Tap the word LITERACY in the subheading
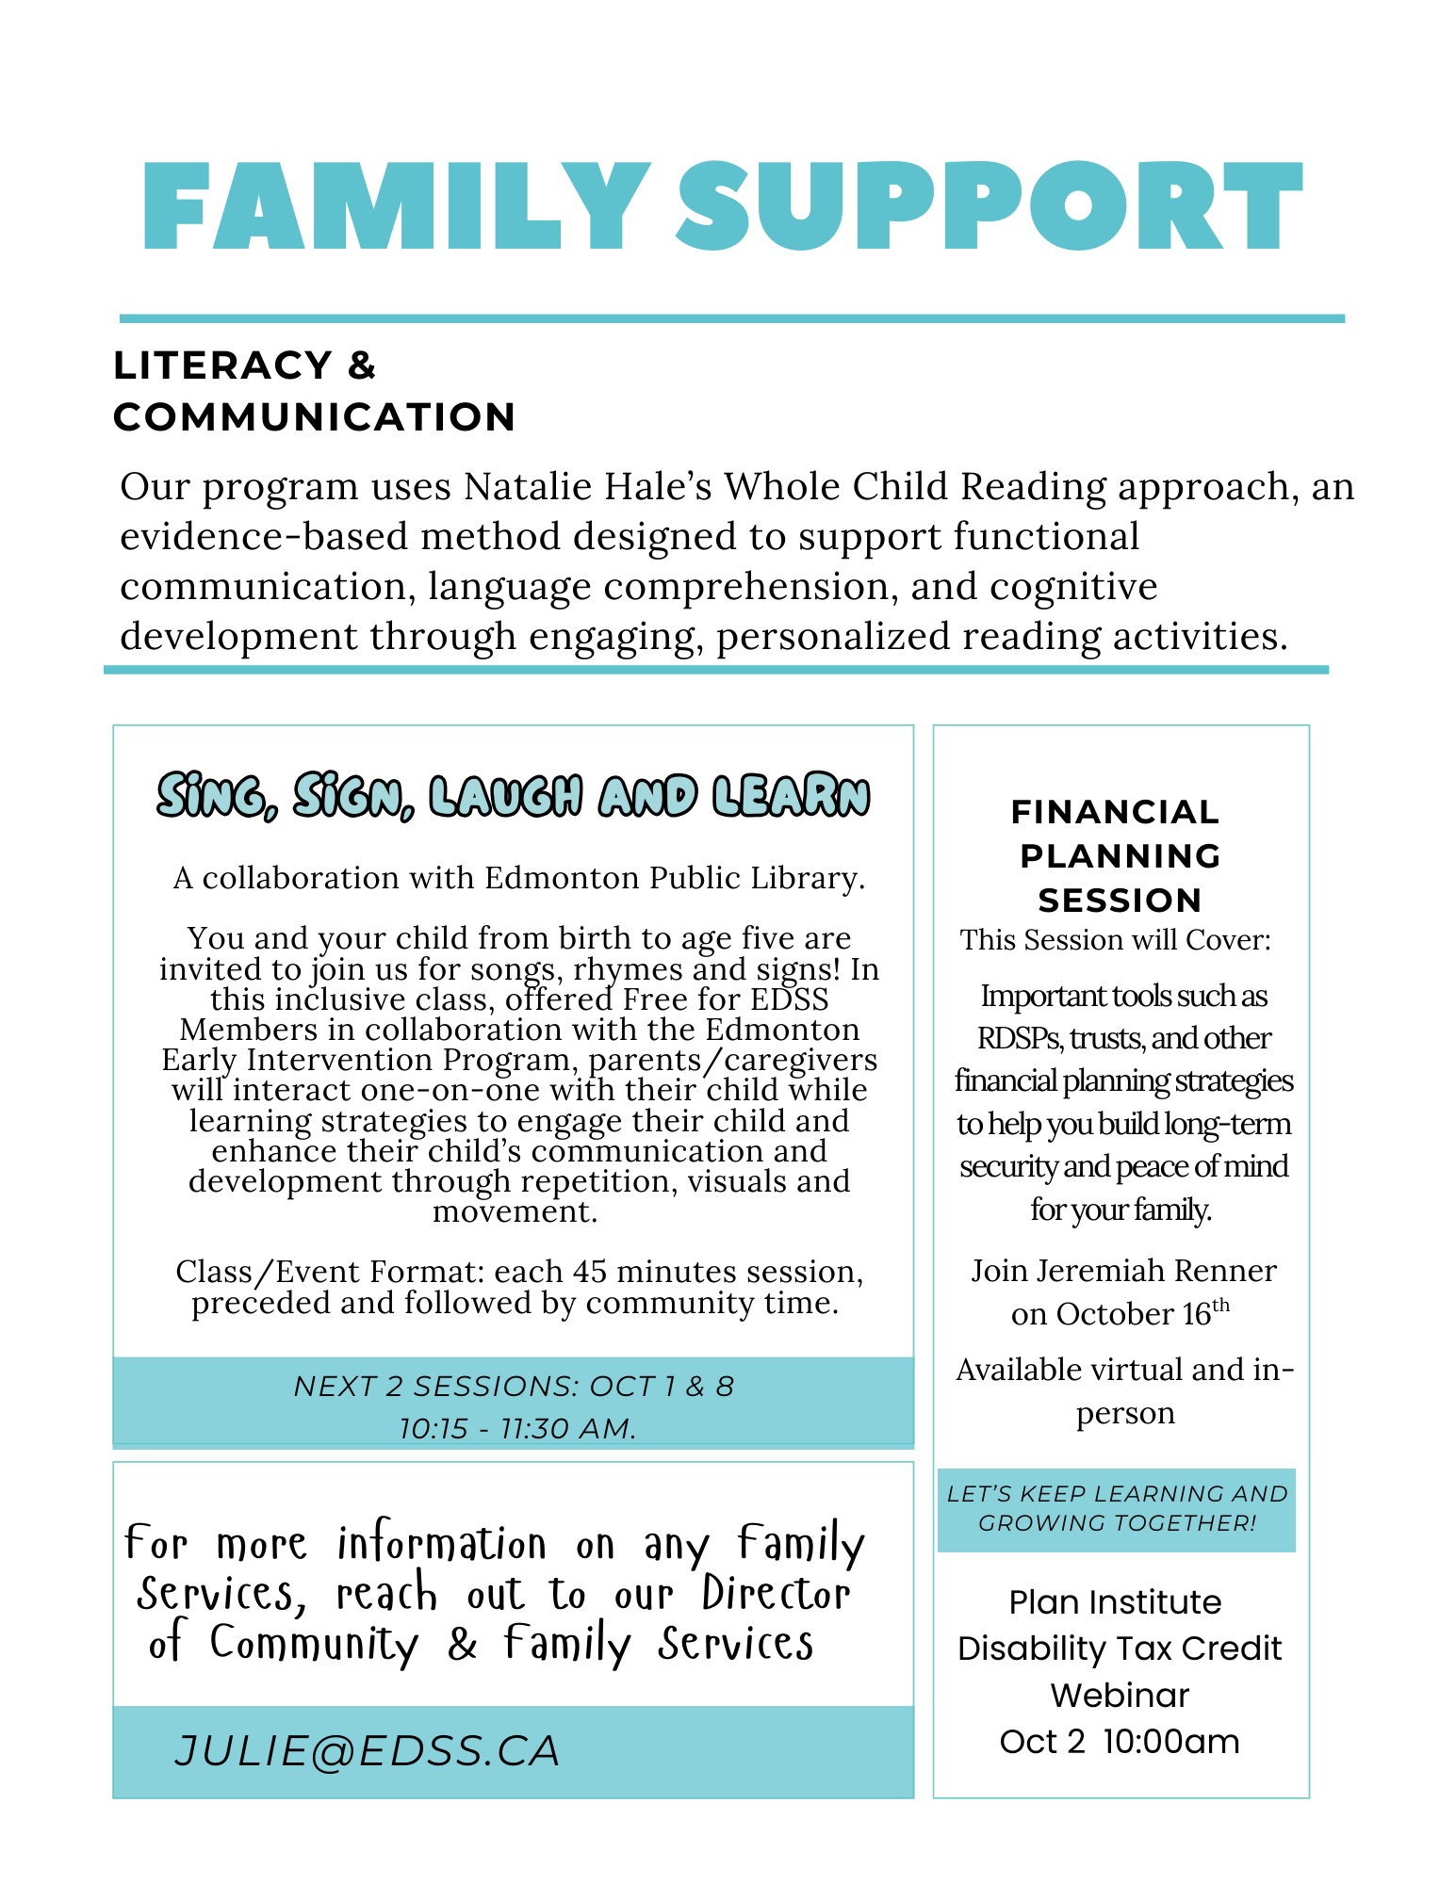tap(222, 365)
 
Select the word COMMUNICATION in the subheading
tap(315, 417)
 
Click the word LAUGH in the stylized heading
tap(505, 797)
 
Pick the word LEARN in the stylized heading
tap(791, 797)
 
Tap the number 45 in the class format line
tap(590, 1272)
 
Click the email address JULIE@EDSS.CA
tap(368, 1751)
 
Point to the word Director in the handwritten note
tap(776, 1594)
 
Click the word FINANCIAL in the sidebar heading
tap(1115, 812)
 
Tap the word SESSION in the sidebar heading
tap(1120, 901)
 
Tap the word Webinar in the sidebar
tap(1120, 1696)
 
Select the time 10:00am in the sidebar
tap(1170, 1742)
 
